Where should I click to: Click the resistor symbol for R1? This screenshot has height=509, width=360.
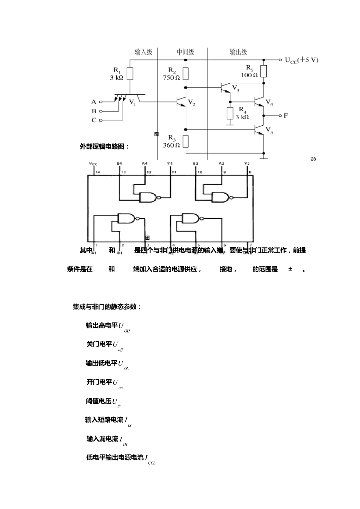click(x=130, y=74)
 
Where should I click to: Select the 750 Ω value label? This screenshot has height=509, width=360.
click(x=171, y=78)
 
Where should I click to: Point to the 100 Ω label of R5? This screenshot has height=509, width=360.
click(x=249, y=75)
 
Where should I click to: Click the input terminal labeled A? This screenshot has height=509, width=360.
click(x=100, y=102)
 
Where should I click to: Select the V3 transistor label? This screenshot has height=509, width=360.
click(x=236, y=89)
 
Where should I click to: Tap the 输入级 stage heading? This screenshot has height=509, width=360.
click(x=143, y=52)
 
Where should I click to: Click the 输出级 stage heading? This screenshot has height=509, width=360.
click(x=238, y=52)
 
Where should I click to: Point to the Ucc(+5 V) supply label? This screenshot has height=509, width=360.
click(x=302, y=60)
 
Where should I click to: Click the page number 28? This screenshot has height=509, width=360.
click(x=313, y=159)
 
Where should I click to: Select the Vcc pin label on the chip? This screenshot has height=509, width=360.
click(x=93, y=164)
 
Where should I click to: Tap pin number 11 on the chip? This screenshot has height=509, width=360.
click(x=174, y=172)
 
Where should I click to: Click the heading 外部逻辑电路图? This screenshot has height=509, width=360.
click(x=104, y=147)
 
